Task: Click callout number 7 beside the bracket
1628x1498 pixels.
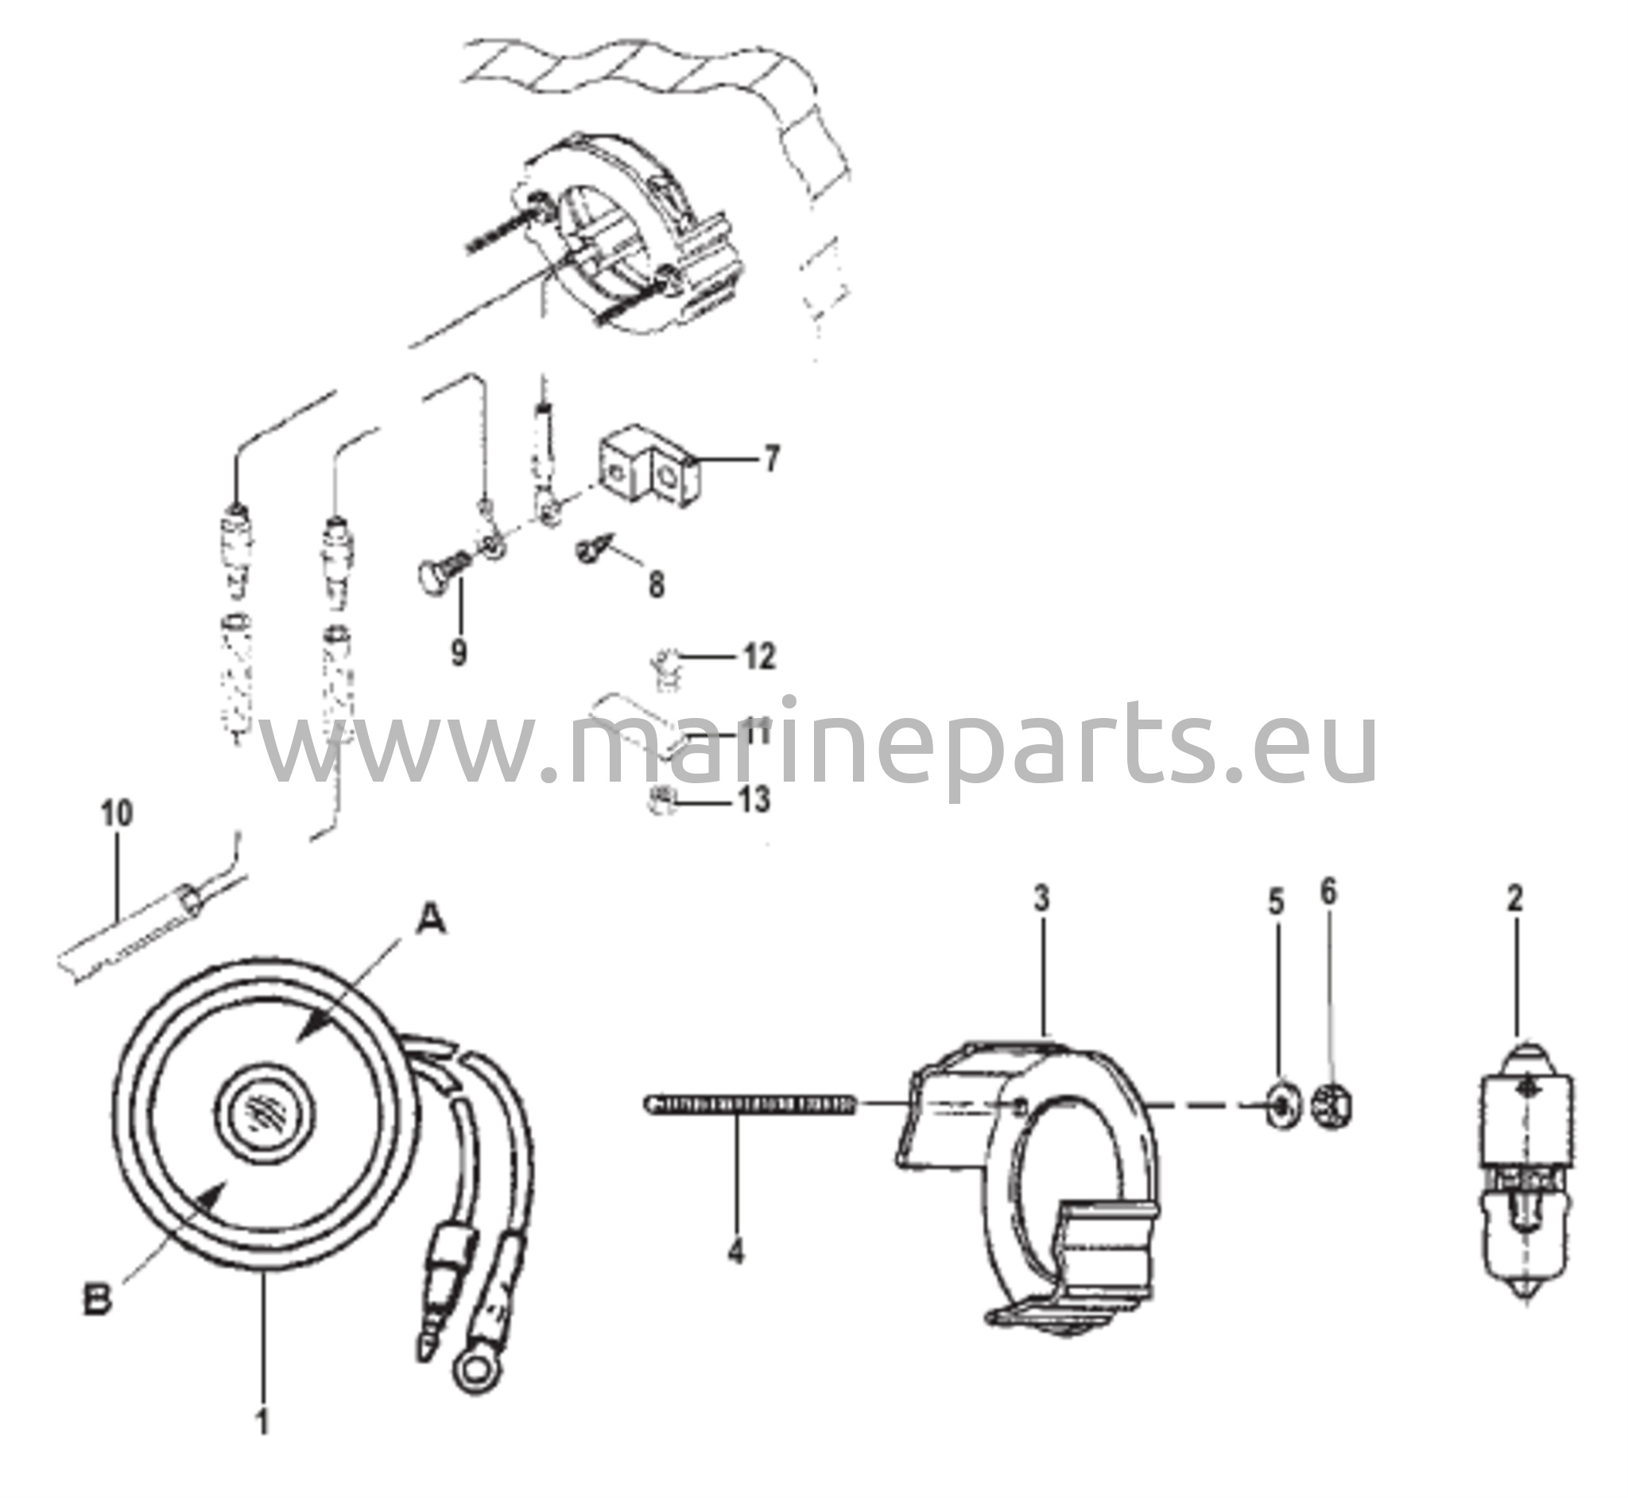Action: point(771,459)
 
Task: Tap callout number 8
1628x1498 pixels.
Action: point(657,584)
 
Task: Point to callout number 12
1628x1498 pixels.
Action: point(759,656)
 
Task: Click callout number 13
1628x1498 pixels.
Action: point(754,800)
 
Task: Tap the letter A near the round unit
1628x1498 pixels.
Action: point(430,921)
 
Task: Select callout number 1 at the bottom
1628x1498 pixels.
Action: point(262,1445)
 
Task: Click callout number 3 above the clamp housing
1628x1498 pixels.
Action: point(1041,899)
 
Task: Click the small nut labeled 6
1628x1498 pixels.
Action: point(1333,1105)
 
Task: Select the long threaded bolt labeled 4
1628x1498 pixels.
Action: point(752,1104)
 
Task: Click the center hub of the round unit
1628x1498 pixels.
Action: point(265,1116)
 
